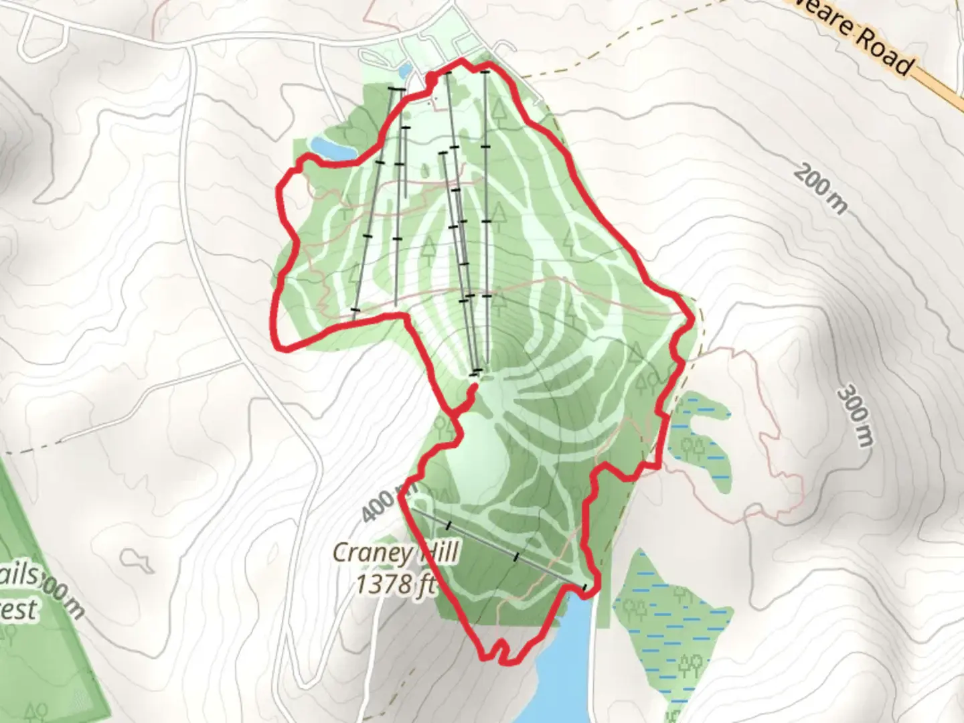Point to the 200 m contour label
819,187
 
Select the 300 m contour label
856,415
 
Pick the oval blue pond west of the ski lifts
333,147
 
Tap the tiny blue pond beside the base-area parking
404,70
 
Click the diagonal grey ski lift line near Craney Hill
499,546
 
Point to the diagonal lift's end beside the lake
587,588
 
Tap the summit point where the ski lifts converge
477,372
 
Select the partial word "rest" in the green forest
18,609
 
